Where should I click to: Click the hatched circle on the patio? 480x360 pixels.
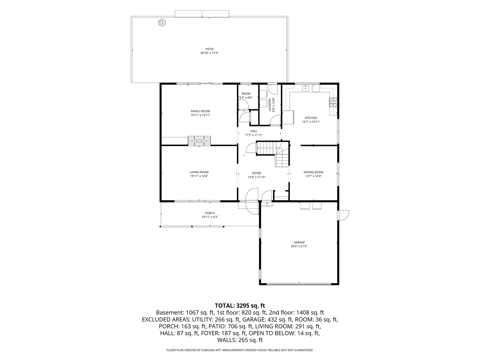point(162,23)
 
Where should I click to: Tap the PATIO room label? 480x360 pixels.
point(209,49)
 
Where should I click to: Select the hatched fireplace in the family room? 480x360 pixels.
point(199,141)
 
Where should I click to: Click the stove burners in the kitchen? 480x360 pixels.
point(333,102)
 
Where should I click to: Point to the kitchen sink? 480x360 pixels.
point(305,89)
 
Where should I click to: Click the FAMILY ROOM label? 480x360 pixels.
point(200,111)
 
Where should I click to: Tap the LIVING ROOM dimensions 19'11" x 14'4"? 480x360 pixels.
point(199,176)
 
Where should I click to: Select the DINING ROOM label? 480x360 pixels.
point(313,172)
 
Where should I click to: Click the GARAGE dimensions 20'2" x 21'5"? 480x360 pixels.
point(299,246)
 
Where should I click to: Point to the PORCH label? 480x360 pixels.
point(210,213)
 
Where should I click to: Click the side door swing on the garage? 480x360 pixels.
point(343,215)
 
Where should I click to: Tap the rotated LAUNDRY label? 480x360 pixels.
point(270,105)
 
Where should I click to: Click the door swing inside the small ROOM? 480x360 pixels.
point(243,104)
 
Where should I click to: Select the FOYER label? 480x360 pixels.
point(257,173)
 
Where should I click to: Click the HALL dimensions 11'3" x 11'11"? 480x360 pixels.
point(254,135)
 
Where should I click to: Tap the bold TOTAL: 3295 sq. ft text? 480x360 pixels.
point(240,305)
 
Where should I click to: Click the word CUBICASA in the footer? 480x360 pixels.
point(208,350)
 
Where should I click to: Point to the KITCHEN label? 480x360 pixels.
point(311,118)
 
